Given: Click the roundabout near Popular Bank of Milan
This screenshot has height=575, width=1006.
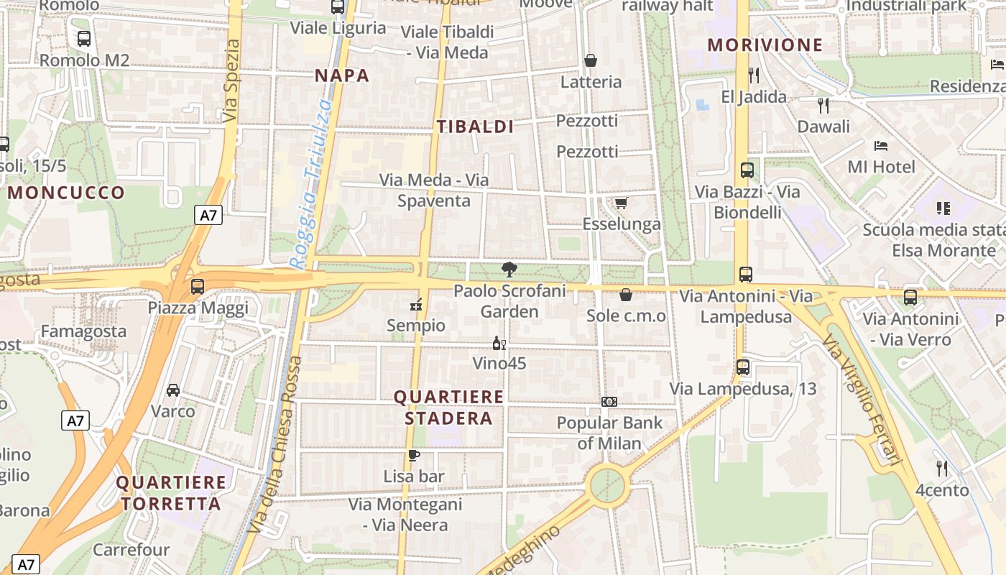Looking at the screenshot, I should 607,485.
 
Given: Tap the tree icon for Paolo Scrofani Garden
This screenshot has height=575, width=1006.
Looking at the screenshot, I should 509,270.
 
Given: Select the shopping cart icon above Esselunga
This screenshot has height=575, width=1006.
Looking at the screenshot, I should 621,203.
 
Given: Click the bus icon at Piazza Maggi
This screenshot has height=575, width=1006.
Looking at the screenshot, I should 198,286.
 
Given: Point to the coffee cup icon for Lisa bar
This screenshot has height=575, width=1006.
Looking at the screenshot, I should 413,455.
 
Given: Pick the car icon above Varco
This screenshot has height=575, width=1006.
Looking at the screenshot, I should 173,390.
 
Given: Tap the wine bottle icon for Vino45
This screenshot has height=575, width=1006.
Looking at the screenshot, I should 499,344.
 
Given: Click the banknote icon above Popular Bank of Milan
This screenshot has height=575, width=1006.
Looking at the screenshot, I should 609,402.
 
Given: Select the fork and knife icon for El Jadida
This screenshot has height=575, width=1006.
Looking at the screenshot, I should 753,75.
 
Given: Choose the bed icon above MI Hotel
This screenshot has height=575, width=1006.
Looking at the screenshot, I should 881,146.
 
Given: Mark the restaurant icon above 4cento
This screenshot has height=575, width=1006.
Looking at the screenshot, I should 942,469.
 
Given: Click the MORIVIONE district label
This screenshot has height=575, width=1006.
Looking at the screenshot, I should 765,45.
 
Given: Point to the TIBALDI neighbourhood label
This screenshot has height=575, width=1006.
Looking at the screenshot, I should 475,127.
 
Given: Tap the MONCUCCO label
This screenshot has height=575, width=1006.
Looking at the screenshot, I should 66,193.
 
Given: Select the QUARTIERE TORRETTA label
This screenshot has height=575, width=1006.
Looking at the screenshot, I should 171,492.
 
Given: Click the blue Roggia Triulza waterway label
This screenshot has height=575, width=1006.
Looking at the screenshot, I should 310,183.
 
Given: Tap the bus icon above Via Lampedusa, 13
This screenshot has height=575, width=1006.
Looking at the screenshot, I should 743,367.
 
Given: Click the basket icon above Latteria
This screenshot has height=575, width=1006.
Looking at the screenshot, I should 591,60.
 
